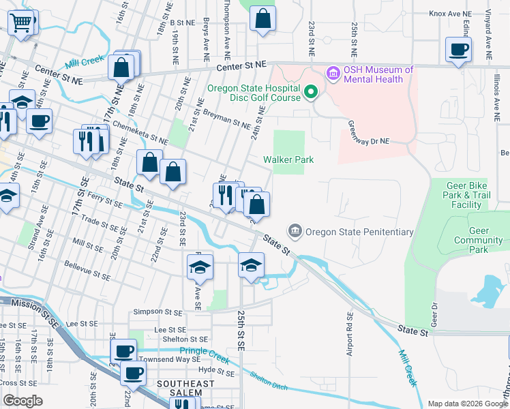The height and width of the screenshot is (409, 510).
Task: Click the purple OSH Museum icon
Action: coord(333,72)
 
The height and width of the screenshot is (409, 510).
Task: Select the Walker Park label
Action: coord(289,160)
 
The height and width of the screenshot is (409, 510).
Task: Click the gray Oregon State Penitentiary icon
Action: coord(295,231)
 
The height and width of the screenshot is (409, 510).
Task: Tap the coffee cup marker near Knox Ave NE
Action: coord(458,49)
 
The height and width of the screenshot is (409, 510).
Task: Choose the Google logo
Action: coord(22,401)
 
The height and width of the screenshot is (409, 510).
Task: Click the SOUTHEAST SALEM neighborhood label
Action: coord(185,384)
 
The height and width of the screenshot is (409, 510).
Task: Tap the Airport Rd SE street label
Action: coord(350,335)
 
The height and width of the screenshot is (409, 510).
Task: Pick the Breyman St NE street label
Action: coord(227,120)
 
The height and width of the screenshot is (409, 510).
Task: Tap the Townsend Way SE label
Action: coord(170,359)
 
